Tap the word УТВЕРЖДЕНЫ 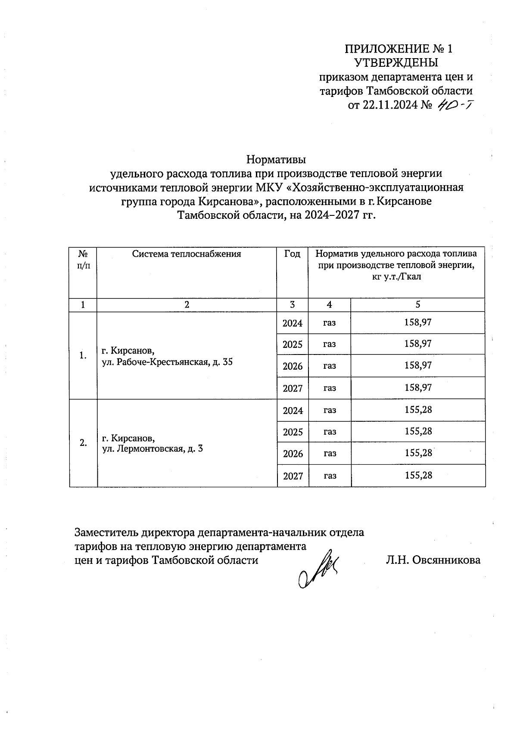pyautogui.click(x=396, y=63)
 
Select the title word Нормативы pyautogui.click(x=276, y=160)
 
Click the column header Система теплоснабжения pyautogui.click(x=187, y=254)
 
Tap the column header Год pyautogui.click(x=292, y=254)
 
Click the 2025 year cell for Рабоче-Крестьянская pyautogui.click(x=293, y=345)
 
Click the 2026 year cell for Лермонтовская pyautogui.click(x=293, y=454)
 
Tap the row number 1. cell pyautogui.click(x=83, y=355)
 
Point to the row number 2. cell pyautogui.click(x=83, y=443)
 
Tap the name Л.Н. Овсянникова pyautogui.click(x=433, y=560)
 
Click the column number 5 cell pyautogui.click(x=418, y=305)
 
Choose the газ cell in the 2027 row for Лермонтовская pyautogui.click(x=330, y=476)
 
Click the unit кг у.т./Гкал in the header pyautogui.click(x=396, y=277)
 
